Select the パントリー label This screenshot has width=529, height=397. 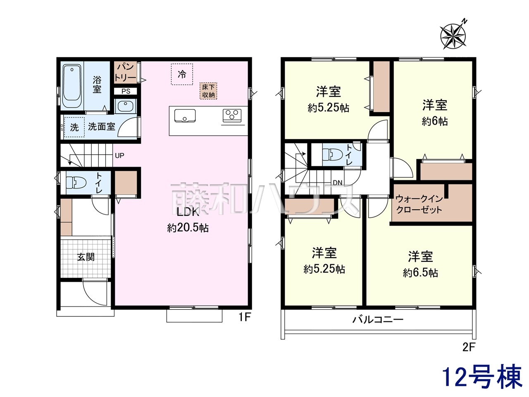point(125,72)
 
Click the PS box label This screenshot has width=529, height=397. point(126,91)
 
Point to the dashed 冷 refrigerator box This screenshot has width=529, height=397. point(182,74)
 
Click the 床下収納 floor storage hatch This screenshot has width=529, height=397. point(208,91)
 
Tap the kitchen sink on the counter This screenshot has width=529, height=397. point(185,116)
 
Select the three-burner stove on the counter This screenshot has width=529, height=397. point(232,115)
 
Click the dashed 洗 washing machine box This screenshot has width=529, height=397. point(74,127)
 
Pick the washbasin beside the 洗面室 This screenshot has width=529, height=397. point(125,106)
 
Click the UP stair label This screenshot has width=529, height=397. point(119,156)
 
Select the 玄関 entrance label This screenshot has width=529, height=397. point(86,257)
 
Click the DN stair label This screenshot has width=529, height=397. point(338,183)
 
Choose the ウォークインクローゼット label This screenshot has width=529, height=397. point(419,204)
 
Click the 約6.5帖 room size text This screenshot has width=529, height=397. point(421,273)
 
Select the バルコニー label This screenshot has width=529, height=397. point(378,320)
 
